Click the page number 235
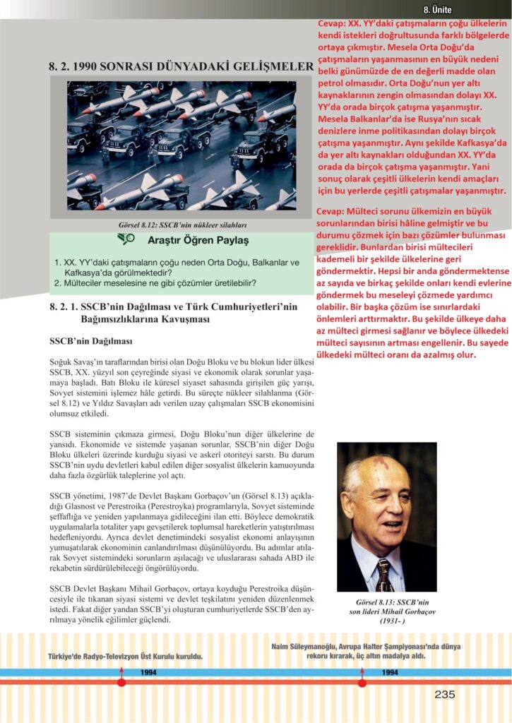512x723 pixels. [x=444, y=695]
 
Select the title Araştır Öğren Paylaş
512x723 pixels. [x=198, y=240]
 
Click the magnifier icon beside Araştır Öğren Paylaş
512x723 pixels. [x=126, y=239]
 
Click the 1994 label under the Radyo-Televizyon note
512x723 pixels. [x=148, y=672]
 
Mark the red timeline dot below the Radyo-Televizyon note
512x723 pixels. [x=121, y=682]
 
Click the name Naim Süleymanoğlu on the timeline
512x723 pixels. [x=306, y=647]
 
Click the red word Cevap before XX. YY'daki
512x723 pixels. [x=333, y=24]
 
